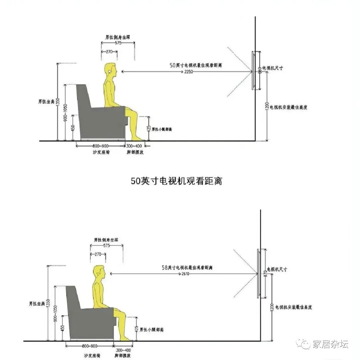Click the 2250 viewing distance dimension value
click(x=188, y=72)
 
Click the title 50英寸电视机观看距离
click(x=176, y=181)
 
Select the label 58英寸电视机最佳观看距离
click(x=190, y=267)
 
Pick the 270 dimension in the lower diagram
click(x=98, y=254)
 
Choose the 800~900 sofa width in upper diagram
click(x=101, y=146)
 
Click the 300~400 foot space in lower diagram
click(x=123, y=350)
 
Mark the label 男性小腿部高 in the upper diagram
click(x=162, y=129)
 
